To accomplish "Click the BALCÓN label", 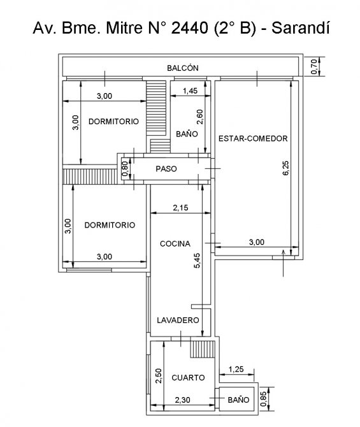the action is [x=183, y=68].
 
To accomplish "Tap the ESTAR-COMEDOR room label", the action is [x=253, y=138].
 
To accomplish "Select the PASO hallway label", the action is [x=166, y=169].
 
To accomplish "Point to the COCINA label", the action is [x=175, y=243].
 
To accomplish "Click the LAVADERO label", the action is [x=178, y=320].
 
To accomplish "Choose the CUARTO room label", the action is [x=188, y=377].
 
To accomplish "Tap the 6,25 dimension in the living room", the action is [x=285, y=168].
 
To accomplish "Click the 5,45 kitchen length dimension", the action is [x=197, y=261].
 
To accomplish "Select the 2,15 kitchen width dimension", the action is [x=180, y=208].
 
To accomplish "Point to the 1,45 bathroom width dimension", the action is [x=190, y=90].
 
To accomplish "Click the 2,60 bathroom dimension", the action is [x=200, y=117].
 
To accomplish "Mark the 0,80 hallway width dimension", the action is [x=125, y=168].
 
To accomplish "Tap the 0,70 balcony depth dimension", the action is [x=313, y=66].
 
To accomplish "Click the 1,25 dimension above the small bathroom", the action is [x=236, y=369].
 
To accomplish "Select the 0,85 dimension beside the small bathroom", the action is [x=263, y=399].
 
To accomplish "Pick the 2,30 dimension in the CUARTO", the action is [x=182, y=400].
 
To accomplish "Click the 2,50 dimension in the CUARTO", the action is [x=159, y=376].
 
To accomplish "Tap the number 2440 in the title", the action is [x=189, y=28].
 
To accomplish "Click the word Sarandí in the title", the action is [x=301, y=27].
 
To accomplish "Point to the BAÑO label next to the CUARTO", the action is [x=238, y=400].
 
